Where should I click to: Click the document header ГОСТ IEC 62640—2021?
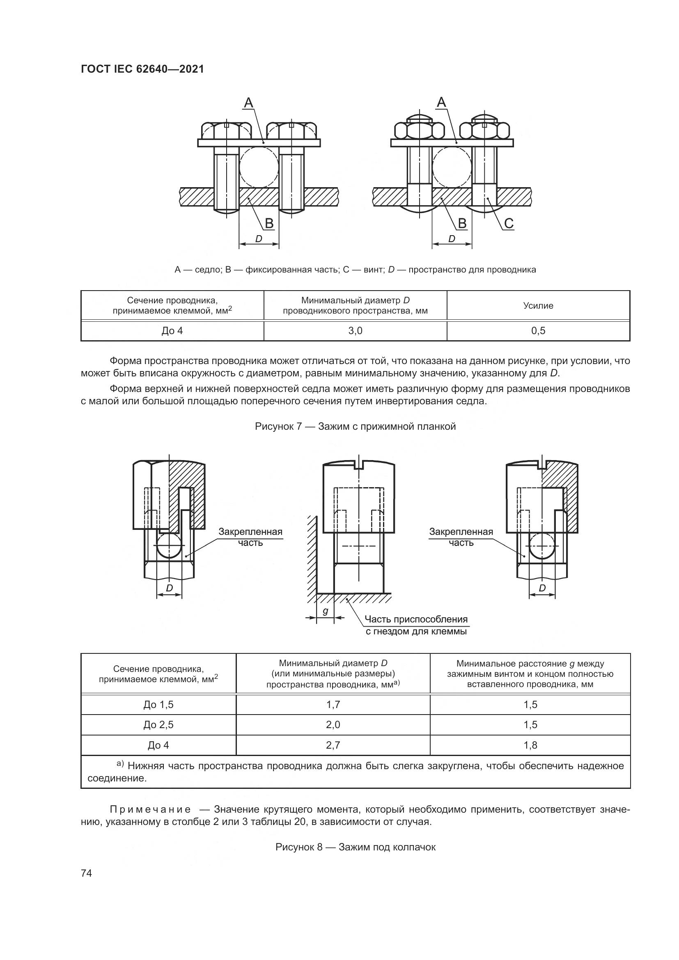(x=142, y=69)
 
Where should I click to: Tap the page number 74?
(x=87, y=873)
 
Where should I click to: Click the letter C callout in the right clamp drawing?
(x=508, y=224)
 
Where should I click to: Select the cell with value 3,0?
(x=356, y=331)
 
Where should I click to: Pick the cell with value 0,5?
(x=539, y=331)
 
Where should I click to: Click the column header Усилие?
(x=539, y=306)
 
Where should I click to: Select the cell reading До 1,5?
(x=158, y=705)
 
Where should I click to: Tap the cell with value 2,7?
(x=333, y=745)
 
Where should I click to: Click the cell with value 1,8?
(x=530, y=745)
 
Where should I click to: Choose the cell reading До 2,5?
(x=158, y=724)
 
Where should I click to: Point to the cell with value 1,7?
(x=333, y=705)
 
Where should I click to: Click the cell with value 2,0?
(x=333, y=724)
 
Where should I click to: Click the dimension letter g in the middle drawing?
(x=325, y=611)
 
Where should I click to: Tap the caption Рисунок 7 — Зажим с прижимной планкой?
(x=356, y=426)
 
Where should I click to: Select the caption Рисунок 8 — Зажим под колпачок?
(x=356, y=847)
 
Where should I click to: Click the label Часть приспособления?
(x=416, y=619)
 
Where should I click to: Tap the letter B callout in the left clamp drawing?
(x=269, y=224)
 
